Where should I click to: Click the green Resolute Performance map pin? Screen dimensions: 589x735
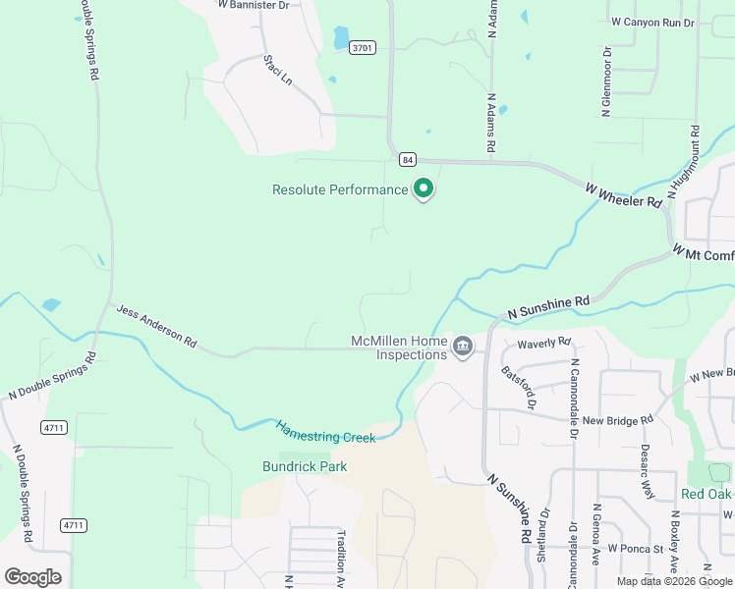click(424, 187)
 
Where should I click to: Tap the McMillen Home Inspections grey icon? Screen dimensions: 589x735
click(463, 346)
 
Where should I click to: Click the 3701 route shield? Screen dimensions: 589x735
click(363, 47)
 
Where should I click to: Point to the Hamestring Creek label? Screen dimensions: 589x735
click(325, 432)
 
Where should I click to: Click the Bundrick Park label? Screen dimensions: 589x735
click(305, 466)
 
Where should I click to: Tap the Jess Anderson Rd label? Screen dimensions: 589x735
click(157, 327)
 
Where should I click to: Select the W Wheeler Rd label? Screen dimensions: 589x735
click(623, 194)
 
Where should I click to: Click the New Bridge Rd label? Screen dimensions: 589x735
click(617, 420)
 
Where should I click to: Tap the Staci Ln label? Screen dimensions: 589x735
click(278, 69)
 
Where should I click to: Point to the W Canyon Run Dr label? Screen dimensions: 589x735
click(651, 22)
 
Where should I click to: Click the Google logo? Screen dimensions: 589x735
click(32, 576)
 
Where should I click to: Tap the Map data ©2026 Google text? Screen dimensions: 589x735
click(674, 581)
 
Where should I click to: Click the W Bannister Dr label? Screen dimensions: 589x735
click(254, 5)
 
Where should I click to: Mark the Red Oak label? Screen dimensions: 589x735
click(707, 494)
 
